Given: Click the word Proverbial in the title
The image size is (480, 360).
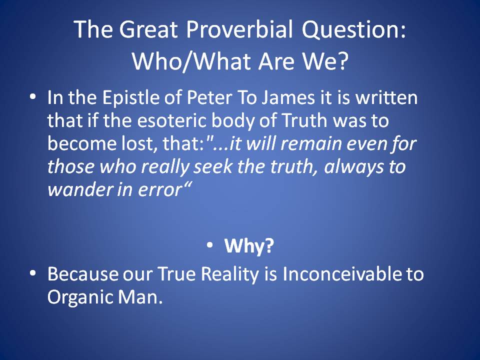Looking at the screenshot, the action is (x=239, y=29).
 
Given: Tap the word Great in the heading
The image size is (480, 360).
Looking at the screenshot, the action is (x=148, y=29).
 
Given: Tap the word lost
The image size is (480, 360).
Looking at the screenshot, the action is (x=139, y=143).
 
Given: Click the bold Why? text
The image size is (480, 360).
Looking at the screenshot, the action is (x=249, y=246).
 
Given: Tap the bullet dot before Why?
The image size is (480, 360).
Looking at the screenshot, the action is (x=209, y=244).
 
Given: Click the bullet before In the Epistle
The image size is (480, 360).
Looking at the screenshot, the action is (x=33, y=96).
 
